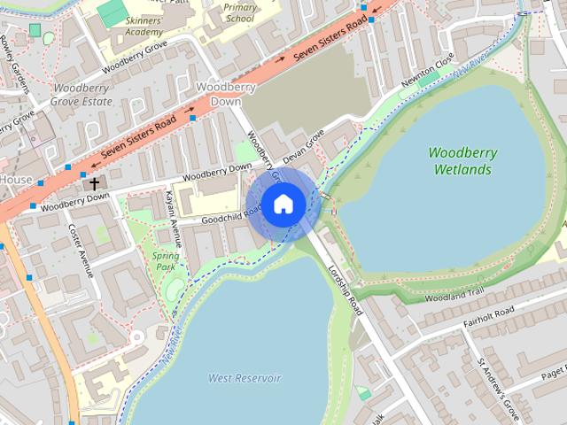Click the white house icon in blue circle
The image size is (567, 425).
click(283, 205)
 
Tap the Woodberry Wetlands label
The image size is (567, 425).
click(462, 160)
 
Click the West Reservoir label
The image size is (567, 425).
click(245, 378)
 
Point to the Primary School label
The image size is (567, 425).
click(239, 12)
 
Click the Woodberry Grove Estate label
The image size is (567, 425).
click(82, 95)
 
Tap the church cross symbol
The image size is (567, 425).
click(95, 183)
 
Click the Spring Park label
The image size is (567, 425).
click(167, 261)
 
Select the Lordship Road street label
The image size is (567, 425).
click(344, 290)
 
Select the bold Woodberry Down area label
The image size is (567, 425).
click(226, 95)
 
